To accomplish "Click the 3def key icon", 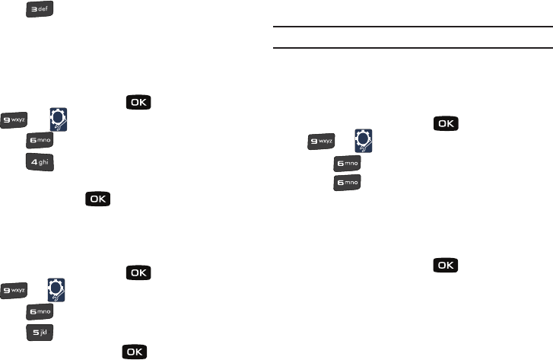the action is click(40, 10).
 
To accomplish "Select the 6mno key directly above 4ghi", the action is click(40, 139).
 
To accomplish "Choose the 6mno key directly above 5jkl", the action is click(40, 311).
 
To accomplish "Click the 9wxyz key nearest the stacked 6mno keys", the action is click(322, 141).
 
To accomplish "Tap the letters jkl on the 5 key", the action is click(46, 332).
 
